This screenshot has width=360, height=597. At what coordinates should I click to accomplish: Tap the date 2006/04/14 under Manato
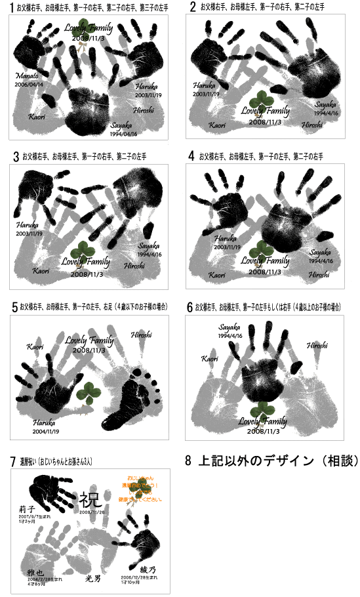point(29,85)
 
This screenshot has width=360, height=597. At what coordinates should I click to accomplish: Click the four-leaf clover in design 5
point(86,396)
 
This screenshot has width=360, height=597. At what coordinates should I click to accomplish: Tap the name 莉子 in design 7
point(27,509)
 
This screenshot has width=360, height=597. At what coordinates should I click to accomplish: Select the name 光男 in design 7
point(93,579)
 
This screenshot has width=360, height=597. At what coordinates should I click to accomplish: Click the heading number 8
point(188,461)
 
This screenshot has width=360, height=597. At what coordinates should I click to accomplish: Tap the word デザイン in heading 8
point(269,461)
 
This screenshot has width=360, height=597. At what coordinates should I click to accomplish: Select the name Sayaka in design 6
point(230,326)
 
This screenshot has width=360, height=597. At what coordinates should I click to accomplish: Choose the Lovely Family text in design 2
point(265,112)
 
